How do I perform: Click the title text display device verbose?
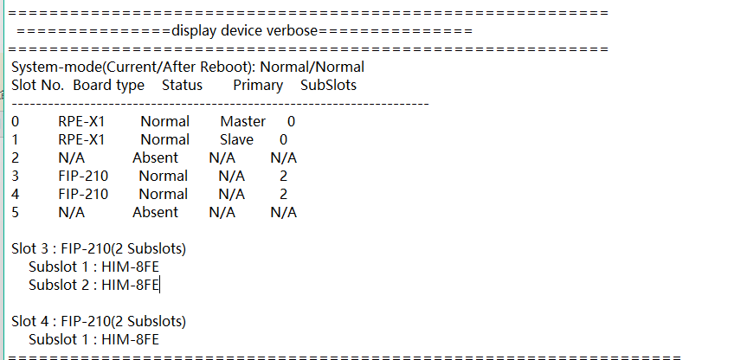[x=245, y=31]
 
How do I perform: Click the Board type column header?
[x=108, y=85]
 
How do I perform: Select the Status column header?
[x=182, y=85]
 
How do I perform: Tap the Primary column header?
[x=258, y=85]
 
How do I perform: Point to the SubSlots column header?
[x=328, y=85]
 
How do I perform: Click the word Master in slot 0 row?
[x=242, y=122]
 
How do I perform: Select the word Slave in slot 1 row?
[x=236, y=139]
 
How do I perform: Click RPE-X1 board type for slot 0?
[x=81, y=122]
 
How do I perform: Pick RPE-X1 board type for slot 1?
[x=81, y=139]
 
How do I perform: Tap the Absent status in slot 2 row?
[x=155, y=157]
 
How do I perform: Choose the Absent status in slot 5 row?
[x=155, y=212]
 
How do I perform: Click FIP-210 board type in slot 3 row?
[x=83, y=176]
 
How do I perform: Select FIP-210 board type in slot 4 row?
[x=83, y=194]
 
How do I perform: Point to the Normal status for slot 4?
[x=163, y=194]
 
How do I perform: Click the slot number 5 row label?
[x=16, y=212]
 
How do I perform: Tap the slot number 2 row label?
[x=16, y=157]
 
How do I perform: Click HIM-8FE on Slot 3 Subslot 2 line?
[x=130, y=284]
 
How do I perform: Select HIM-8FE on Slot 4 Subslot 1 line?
[x=130, y=339]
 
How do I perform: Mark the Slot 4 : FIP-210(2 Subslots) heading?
[x=99, y=321]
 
